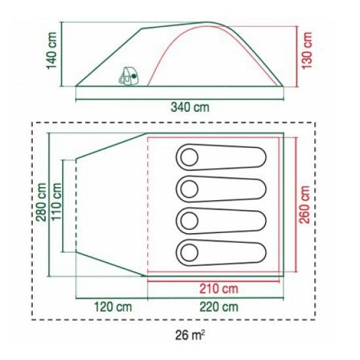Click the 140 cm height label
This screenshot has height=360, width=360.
(x=52, y=50)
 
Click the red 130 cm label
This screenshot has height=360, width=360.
(x=307, y=50)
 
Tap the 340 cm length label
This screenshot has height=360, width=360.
(x=190, y=107)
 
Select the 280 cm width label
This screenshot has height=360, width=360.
(x=41, y=202)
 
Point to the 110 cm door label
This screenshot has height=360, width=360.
(x=56, y=202)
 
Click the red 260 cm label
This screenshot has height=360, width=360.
(x=305, y=204)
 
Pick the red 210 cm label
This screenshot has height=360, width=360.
(x=219, y=289)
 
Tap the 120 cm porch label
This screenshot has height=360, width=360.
(x=113, y=307)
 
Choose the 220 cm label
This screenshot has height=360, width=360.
(x=219, y=307)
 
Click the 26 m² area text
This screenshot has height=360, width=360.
(x=190, y=335)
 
